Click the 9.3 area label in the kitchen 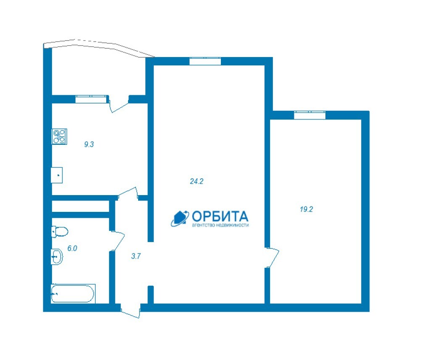click(89, 144)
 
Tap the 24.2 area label click(197, 181)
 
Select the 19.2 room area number click(306, 209)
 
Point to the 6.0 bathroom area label click(72, 248)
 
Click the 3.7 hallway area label click(136, 256)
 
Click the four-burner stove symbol click(60, 136)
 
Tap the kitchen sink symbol click(57, 175)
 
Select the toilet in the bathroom click(60, 232)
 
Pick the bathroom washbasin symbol click(57, 257)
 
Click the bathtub click(73, 294)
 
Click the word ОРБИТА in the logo click(220, 217)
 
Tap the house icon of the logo click(180, 219)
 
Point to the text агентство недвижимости click(220, 225)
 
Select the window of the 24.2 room click(205, 61)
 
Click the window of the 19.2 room click(309, 115)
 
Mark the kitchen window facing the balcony click(91, 99)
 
